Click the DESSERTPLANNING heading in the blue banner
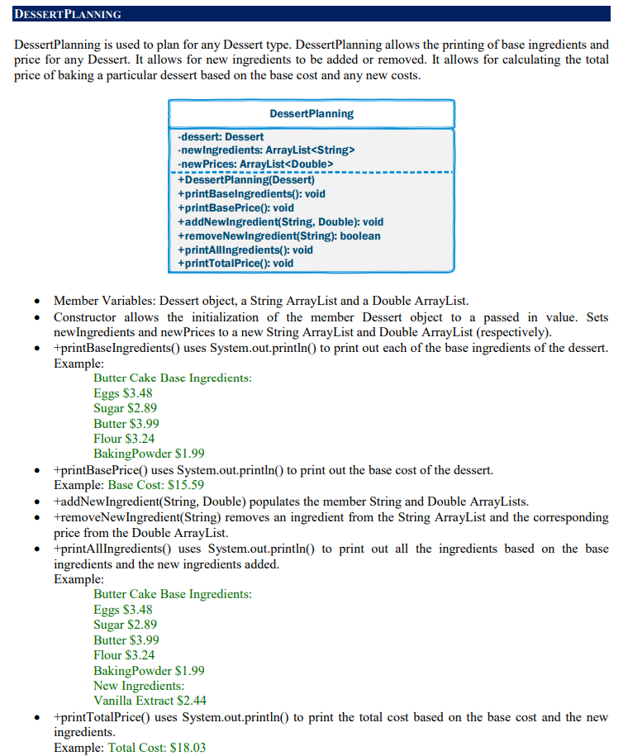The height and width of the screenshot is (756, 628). tap(69, 15)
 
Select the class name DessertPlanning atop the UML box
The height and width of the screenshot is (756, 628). tap(312, 114)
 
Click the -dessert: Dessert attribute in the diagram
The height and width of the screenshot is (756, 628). tap(221, 136)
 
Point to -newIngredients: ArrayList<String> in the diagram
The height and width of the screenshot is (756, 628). tap(266, 150)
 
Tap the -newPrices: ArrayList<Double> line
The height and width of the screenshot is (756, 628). tap(255, 164)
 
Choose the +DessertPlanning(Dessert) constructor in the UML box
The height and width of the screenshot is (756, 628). tap(246, 179)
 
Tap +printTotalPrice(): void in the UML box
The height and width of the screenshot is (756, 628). tap(235, 264)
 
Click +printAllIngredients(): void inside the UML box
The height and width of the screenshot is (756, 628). tap(245, 250)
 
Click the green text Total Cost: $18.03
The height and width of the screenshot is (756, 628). tap(157, 747)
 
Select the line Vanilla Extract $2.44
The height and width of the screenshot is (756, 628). tap(150, 701)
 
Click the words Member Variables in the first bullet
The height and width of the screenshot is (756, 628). tap(103, 302)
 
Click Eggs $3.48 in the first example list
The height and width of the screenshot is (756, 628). tap(123, 393)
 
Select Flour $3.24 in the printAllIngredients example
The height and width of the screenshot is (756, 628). tap(124, 655)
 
